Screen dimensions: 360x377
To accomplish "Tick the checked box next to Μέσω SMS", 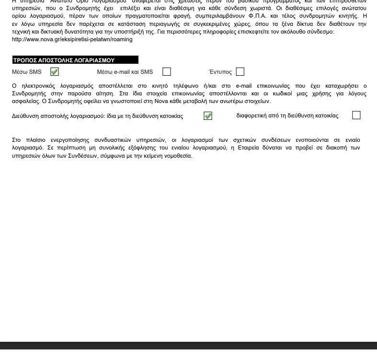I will [x=55, y=72].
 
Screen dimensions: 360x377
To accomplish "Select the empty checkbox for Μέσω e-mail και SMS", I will [x=167, y=72].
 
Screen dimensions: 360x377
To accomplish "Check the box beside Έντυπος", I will [x=240, y=72].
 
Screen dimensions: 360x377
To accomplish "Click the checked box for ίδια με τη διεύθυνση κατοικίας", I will [x=208, y=116].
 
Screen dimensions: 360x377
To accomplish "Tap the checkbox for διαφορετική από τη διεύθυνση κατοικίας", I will [x=356, y=115].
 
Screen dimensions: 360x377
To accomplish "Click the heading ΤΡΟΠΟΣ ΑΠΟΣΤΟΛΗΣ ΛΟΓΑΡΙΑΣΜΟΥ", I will [x=63, y=60].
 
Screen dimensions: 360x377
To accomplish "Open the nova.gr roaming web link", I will [x=72, y=40].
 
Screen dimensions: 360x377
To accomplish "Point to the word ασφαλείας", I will [x=24, y=101].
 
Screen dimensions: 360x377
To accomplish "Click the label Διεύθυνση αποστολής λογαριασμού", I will [x=68, y=116].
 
